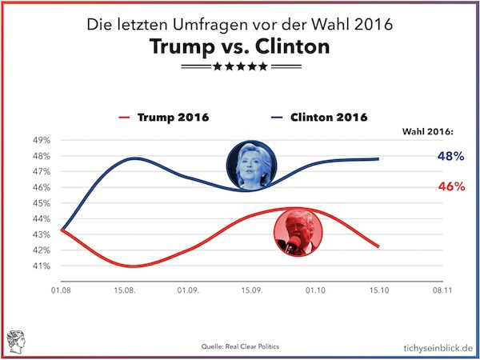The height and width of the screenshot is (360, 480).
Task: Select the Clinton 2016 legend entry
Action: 318,118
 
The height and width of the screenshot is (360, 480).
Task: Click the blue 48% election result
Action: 451,156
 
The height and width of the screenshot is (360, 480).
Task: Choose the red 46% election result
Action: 451,187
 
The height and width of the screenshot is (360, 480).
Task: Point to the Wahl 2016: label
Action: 428,130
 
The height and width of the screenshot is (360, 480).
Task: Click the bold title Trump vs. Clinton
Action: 240,47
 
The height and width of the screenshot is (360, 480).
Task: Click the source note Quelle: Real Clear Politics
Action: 240,346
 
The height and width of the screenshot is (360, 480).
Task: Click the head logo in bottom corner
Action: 16,339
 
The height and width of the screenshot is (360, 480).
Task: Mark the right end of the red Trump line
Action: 378,246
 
